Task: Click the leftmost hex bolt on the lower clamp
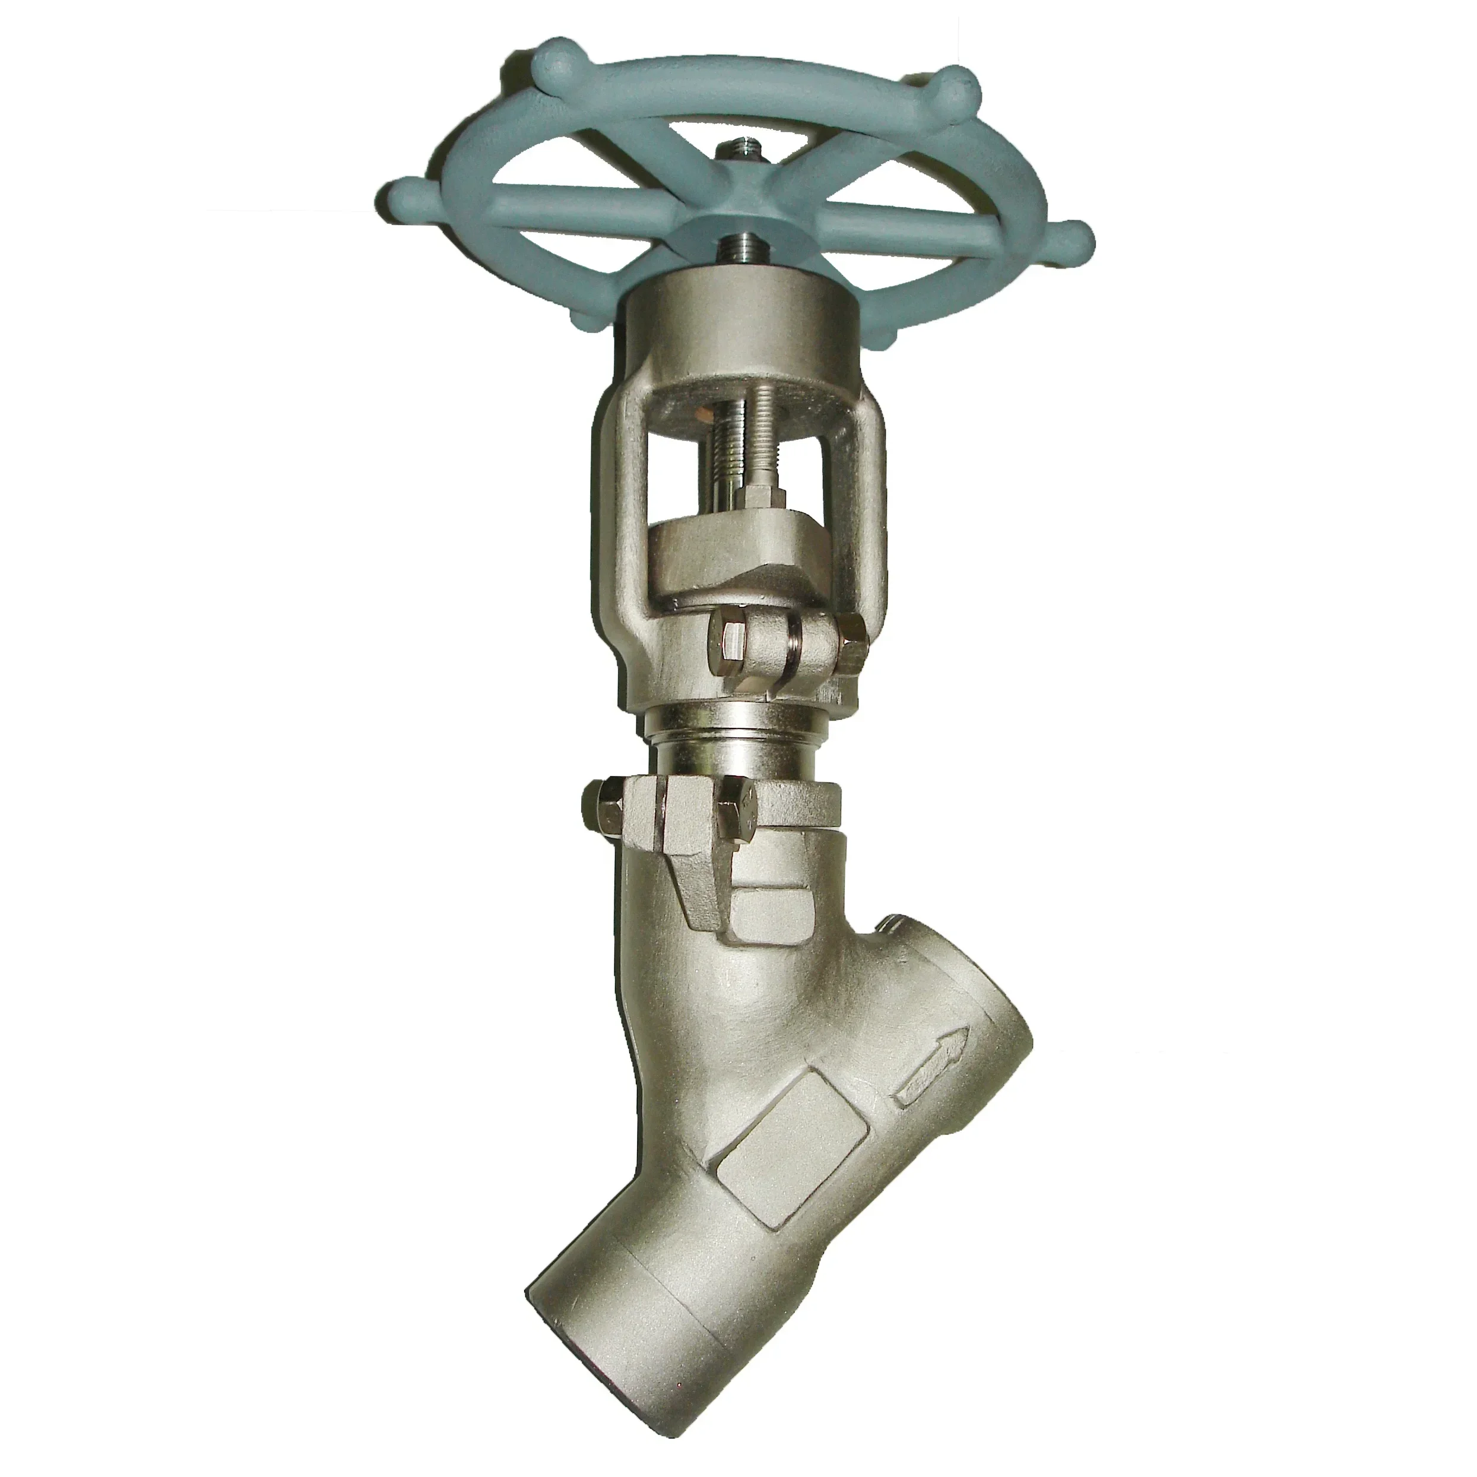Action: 604,804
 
